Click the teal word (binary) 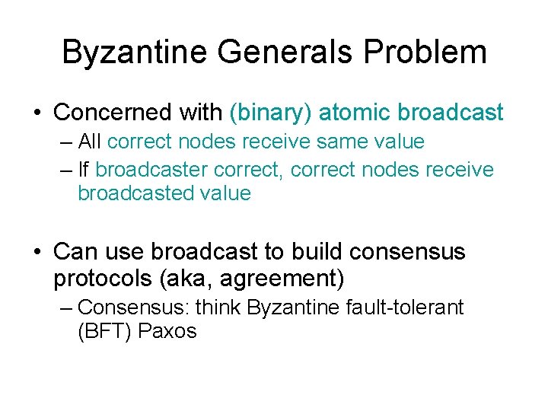point(270,113)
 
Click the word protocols point(103,279)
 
